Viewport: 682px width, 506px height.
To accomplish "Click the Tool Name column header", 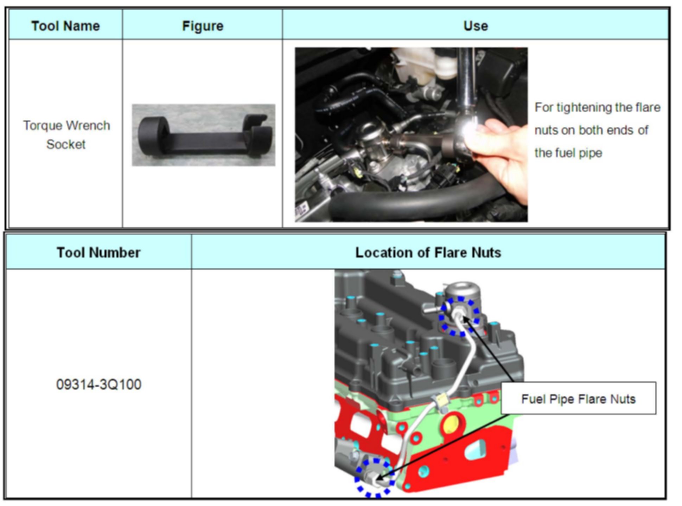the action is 65,26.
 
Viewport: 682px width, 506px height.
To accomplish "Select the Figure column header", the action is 203,26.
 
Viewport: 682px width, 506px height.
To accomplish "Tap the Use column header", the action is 476,26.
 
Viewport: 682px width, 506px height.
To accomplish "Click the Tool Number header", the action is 98,252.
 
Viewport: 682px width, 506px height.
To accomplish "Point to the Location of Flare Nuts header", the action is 428,252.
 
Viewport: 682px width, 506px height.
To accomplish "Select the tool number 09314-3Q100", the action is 99,385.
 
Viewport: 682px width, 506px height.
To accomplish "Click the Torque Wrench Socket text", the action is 66,135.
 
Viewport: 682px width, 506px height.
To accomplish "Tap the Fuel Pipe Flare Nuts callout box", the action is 578,399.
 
